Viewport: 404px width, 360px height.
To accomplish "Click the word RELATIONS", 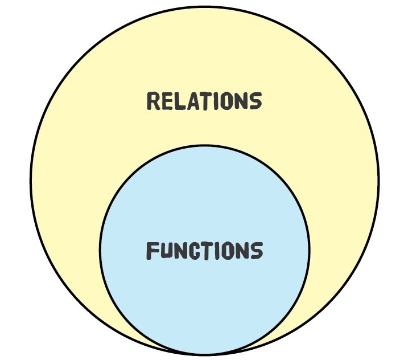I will point(204,101).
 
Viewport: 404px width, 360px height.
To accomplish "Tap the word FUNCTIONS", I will point(204,251).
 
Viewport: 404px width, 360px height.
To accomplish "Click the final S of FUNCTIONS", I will point(256,251).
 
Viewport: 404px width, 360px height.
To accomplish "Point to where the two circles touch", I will point(205,354).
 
